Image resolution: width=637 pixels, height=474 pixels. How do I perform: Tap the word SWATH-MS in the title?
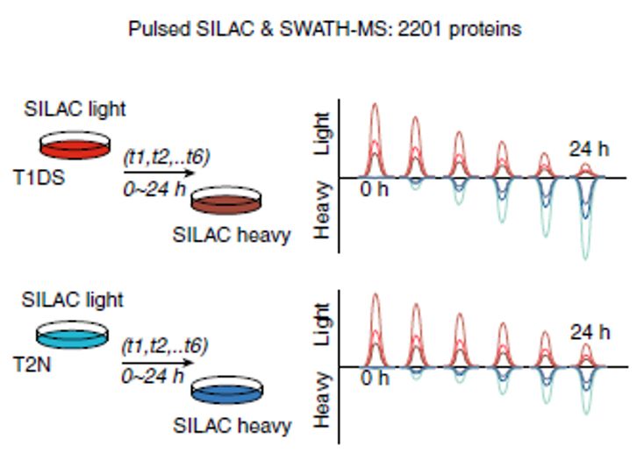coord(335,29)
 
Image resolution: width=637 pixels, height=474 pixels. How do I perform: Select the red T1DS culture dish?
coord(75,145)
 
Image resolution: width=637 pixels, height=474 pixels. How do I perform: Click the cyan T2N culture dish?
coord(72,335)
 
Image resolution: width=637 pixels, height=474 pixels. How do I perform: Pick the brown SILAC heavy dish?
coord(226,200)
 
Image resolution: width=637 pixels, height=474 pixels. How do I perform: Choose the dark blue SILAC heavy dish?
coord(227,390)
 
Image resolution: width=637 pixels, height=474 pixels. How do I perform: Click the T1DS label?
coord(39,177)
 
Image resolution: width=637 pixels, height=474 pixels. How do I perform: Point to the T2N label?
coord(32,364)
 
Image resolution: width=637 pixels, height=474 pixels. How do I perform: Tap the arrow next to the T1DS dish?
coord(160,173)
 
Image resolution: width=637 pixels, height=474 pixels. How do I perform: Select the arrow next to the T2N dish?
coord(157,363)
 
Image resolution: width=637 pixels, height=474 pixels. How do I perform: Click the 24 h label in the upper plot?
coord(589,149)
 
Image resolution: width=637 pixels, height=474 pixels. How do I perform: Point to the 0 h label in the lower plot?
coord(375,378)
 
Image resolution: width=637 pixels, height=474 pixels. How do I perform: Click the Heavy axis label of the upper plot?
coord(322,210)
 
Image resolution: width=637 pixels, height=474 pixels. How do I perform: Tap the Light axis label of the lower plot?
coord(322,324)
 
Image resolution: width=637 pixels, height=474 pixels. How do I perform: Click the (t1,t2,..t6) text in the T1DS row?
coord(167,158)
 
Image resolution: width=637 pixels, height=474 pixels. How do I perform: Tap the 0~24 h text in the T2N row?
coord(153,377)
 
